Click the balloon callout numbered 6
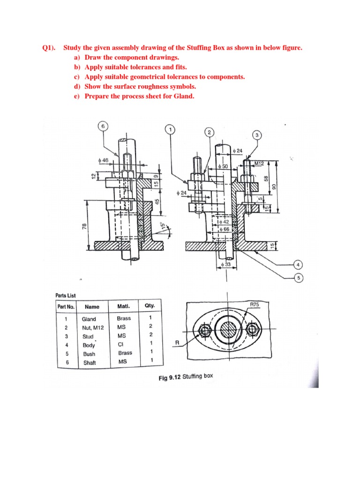103,126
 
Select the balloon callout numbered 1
171,129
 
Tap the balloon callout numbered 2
209,132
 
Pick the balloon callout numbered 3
257,135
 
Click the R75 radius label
255,305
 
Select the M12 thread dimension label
260,164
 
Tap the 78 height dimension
84,227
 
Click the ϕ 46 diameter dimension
103,160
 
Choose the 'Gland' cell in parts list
89,319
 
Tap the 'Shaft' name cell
89,362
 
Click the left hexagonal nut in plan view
204,331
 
